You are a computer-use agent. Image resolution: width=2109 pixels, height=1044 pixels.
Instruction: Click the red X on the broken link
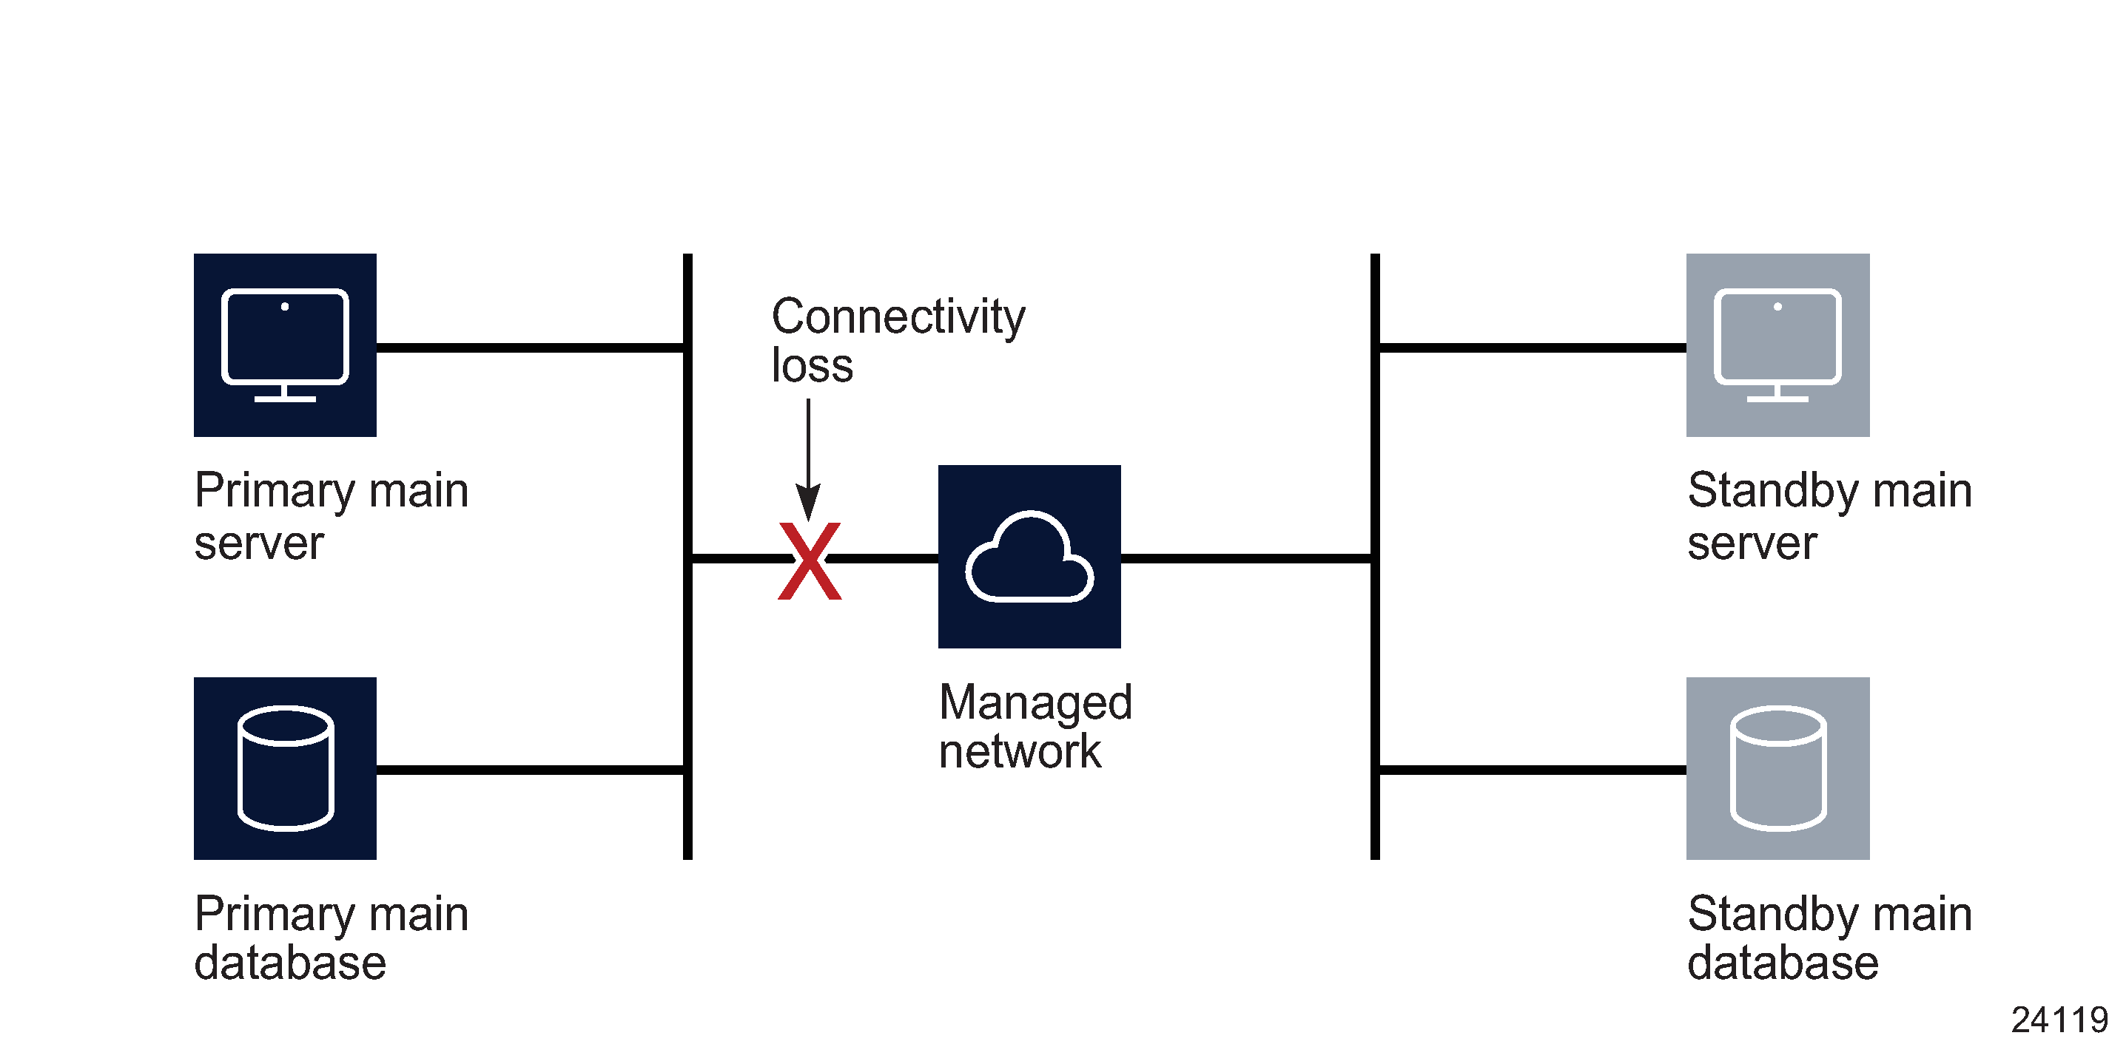[x=809, y=560]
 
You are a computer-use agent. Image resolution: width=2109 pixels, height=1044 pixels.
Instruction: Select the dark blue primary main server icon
[x=285, y=345]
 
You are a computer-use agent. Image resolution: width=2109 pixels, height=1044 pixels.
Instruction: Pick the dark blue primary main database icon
[x=285, y=767]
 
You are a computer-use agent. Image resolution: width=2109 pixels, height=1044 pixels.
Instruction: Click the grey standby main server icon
[x=1777, y=345]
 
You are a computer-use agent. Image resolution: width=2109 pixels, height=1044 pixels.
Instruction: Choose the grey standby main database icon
[x=1777, y=767]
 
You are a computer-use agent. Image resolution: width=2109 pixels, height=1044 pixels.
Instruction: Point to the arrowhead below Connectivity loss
[x=808, y=501]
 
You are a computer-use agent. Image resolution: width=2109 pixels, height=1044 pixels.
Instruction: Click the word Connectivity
[x=898, y=316]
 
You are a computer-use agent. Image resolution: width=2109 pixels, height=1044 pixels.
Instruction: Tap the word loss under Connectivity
[x=811, y=366]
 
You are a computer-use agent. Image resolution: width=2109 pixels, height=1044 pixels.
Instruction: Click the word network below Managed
[x=1019, y=751]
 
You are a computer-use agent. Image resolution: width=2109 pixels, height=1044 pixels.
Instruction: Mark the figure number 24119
[x=2058, y=1020]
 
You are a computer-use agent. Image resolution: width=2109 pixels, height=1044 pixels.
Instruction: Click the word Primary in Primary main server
[x=275, y=491]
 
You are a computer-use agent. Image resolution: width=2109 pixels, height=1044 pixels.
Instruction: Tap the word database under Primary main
[x=290, y=963]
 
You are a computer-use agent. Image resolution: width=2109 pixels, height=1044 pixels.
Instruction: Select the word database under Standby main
[x=1783, y=963]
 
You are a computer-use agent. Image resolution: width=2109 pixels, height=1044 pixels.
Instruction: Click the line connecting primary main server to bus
[x=531, y=348]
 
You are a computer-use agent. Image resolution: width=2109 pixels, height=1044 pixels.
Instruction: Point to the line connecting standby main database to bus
[x=1531, y=770]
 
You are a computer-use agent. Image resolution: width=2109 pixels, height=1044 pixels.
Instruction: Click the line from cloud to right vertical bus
[x=1246, y=559]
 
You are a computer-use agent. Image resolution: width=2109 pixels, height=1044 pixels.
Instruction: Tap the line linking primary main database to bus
[x=531, y=770]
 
